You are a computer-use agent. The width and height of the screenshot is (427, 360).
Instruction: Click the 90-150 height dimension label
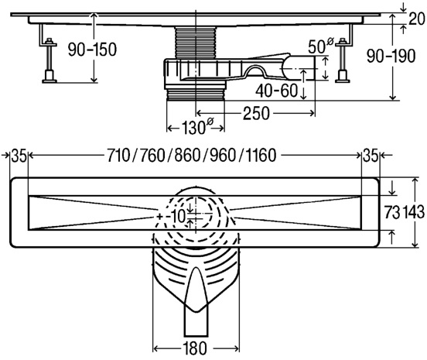tap(92, 50)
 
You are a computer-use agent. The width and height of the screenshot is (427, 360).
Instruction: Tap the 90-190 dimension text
tap(391, 57)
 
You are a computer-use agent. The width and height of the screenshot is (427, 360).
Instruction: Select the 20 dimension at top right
tap(417, 19)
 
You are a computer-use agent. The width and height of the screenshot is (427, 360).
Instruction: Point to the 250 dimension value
tap(256, 113)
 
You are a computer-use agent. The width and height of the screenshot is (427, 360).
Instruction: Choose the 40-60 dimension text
tap(276, 91)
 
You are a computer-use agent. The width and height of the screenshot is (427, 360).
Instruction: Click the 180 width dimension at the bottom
tap(195, 348)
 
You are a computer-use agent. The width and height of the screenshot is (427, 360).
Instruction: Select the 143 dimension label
tap(414, 212)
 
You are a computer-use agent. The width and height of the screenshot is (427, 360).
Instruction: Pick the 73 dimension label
tap(392, 212)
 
